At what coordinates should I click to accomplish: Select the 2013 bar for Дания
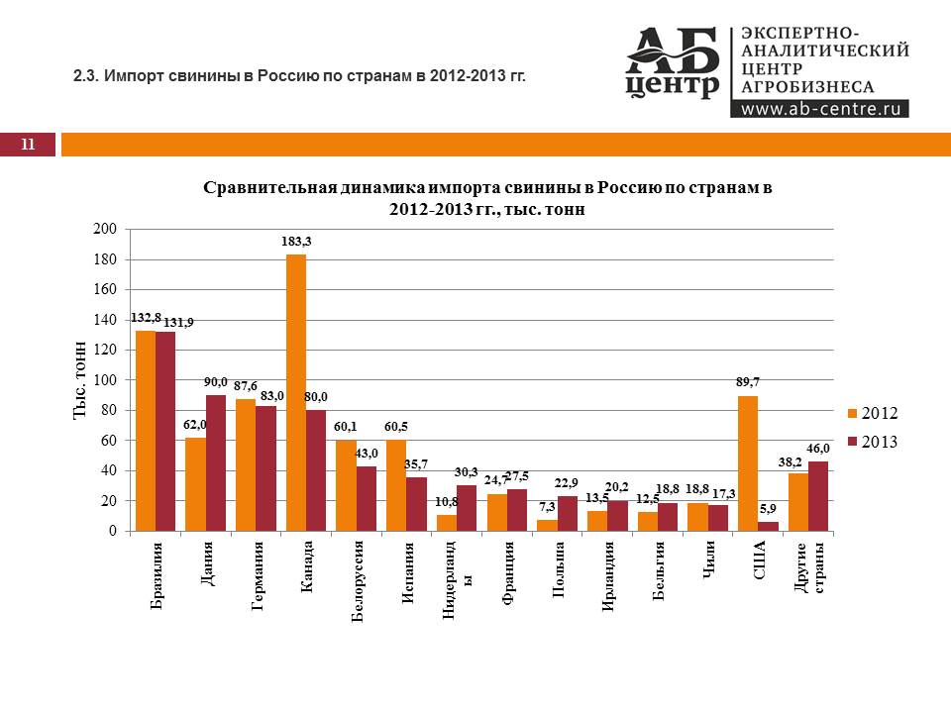[215, 462]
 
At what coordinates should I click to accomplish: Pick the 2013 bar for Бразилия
[165, 431]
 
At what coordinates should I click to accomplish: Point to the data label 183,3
[296, 242]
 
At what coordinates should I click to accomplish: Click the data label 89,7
[747, 381]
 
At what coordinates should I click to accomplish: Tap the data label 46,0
[819, 449]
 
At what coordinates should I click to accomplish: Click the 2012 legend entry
[873, 412]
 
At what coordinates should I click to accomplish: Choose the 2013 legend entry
[873, 442]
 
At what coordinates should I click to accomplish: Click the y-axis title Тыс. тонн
[81, 380]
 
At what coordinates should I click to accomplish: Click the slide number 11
[28, 146]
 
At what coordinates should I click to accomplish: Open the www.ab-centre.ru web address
[819, 109]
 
